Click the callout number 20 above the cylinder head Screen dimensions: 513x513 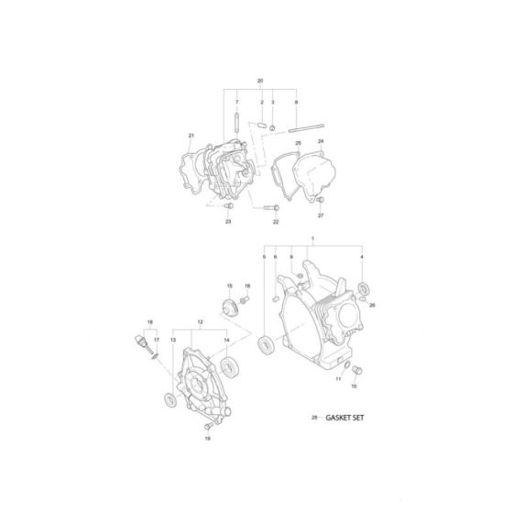pyautogui.click(x=260, y=82)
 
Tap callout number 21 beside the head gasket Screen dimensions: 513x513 pyautogui.click(x=191, y=136)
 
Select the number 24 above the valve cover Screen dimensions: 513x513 pyautogui.click(x=322, y=141)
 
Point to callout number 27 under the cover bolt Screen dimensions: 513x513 pyautogui.click(x=321, y=215)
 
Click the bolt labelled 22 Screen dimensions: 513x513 pyautogui.click(x=267, y=208)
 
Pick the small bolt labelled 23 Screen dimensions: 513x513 pyautogui.click(x=229, y=207)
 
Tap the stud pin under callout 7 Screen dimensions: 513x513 pyautogui.click(x=237, y=120)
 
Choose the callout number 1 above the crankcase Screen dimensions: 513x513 pyautogui.click(x=312, y=239)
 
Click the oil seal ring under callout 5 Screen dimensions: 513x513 pyautogui.click(x=268, y=344)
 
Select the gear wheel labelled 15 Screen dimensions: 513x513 pyautogui.click(x=228, y=307)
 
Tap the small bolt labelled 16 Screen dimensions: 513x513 pyautogui.click(x=246, y=299)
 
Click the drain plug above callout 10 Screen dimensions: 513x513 pyautogui.click(x=358, y=368)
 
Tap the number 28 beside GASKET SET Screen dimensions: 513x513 pyautogui.click(x=314, y=417)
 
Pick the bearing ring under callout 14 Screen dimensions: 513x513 pyautogui.click(x=225, y=368)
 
